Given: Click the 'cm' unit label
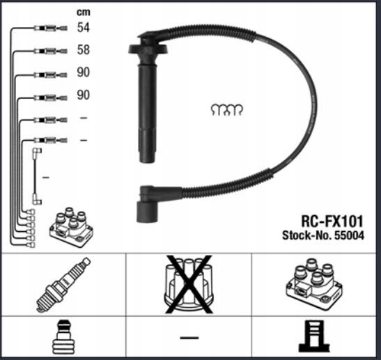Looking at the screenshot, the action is pos(84,12).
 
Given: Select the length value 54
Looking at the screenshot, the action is pos(84,27).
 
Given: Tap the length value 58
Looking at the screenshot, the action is pos(84,50).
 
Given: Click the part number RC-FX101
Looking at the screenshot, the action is pos(332,221).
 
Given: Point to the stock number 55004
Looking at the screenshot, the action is pos(350,235).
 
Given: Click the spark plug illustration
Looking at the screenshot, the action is pos(63,284).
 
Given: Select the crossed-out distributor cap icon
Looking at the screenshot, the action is pos(189,284).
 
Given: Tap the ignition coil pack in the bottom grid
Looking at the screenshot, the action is pos(314,283).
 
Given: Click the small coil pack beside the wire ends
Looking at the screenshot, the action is pos(71,227).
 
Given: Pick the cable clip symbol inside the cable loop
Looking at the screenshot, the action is pos(226,110).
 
